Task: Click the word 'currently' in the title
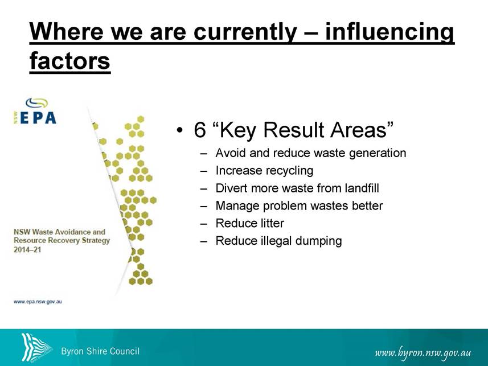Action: pyautogui.click(x=245, y=31)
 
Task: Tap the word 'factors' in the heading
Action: pyautogui.click(x=70, y=60)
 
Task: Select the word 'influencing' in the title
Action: pyautogui.click(x=389, y=32)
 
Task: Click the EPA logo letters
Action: pyautogui.click(x=38, y=118)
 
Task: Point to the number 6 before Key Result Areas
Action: pyautogui.click(x=200, y=129)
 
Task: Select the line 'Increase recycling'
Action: pyautogui.click(x=264, y=171)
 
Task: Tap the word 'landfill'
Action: pyautogui.click(x=362, y=188)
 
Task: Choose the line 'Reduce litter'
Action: pyautogui.click(x=249, y=223)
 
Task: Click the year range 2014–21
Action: pyautogui.click(x=27, y=250)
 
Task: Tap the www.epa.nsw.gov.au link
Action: pyautogui.click(x=38, y=302)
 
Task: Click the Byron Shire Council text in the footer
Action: pyautogui.click(x=100, y=351)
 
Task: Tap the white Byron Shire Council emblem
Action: pyautogui.click(x=36, y=347)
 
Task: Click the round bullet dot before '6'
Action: pyautogui.click(x=179, y=130)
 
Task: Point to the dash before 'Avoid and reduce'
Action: pyautogui.click(x=204, y=154)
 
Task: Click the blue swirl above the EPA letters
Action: pyautogui.click(x=37, y=103)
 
